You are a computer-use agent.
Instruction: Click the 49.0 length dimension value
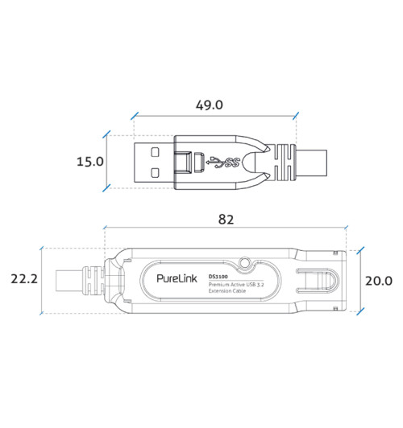point(213,105)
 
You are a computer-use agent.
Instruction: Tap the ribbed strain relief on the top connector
point(284,163)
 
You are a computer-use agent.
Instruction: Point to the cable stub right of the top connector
point(314,163)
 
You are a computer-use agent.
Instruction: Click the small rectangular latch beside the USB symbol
point(193,163)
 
